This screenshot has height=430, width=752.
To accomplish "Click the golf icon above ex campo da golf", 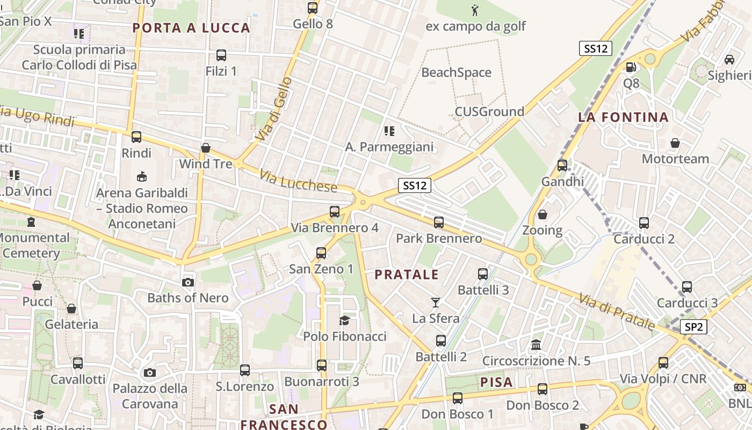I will coord(475,10).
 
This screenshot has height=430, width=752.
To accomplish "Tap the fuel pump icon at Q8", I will coord(631,67).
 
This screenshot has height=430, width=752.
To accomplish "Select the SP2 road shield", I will coord(693,326).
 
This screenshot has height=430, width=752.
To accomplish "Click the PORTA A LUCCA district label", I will coord(191,28).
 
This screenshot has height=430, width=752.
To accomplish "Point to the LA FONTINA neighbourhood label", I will coord(623,117).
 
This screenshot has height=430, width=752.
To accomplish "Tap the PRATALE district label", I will coord(407,275).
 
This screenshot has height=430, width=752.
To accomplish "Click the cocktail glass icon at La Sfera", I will coord(436,303).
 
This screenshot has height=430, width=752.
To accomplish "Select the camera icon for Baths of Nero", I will coord(187,282).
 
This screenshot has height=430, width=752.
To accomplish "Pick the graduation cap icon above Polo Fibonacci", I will coord(344,321).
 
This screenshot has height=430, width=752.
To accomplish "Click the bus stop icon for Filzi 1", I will coord(221,55).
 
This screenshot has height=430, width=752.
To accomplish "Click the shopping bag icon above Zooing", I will coord(543,214).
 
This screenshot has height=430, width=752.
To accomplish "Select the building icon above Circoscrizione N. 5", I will coord(536,345).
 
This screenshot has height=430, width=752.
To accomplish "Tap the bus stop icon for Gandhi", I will coord(562,166).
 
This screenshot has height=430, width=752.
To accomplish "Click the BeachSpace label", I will coord(457,73).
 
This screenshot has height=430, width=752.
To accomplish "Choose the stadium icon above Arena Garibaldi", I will coord(142,176).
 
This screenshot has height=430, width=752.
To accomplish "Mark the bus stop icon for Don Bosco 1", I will coord(457,398).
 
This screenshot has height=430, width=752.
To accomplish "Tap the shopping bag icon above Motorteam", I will coord(675,143).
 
